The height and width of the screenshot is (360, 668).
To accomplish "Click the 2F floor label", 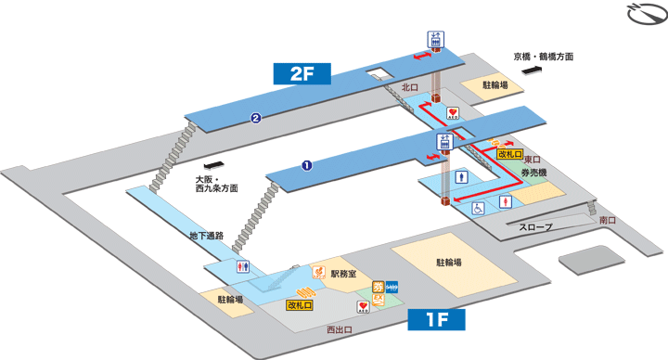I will point(305,73).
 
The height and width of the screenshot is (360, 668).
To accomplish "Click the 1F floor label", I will point(437,320).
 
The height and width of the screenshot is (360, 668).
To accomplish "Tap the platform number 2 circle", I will point(254,118).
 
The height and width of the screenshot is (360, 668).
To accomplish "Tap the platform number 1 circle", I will point(305,166).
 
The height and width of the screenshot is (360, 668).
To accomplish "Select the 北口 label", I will point(410,87).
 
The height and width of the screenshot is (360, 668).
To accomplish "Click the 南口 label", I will point(608,220).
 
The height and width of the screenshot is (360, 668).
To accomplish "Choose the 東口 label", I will point(532,160).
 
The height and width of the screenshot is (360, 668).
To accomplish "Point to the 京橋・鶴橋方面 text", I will point(543,57).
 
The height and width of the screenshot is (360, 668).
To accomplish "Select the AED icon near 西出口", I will point(363,306).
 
